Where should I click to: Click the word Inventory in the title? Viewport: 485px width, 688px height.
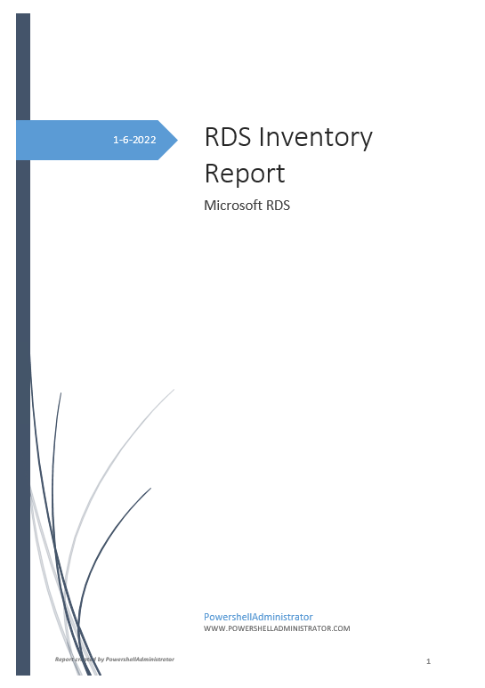click(319, 138)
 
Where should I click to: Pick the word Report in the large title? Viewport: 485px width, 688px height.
click(245, 173)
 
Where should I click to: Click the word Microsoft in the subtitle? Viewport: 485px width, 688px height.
click(230, 206)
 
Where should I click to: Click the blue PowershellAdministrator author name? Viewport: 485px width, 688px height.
click(258, 616)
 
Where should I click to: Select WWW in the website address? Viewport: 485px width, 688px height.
click(214, 628)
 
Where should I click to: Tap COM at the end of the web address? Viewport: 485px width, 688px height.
click(341, 628)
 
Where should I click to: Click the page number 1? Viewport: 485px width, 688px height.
click(428, 661)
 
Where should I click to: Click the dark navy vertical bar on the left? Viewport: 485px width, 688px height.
click(23, 267)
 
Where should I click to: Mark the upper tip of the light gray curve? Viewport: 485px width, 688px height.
click(174, 390)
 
